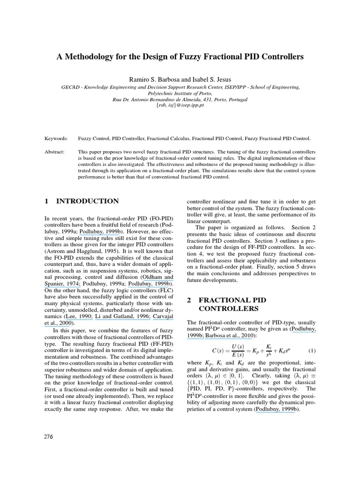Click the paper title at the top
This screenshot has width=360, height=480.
(180, 57)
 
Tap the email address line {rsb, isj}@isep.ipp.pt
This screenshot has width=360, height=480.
(180, 106)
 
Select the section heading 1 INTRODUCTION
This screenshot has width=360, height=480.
(82, 201)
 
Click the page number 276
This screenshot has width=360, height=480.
(49, 436)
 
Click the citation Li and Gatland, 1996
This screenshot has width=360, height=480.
(121, 316)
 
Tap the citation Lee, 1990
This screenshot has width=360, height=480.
(77, 316)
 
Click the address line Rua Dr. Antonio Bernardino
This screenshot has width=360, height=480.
(180, 100)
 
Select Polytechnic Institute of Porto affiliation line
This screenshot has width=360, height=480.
(180, 93)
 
